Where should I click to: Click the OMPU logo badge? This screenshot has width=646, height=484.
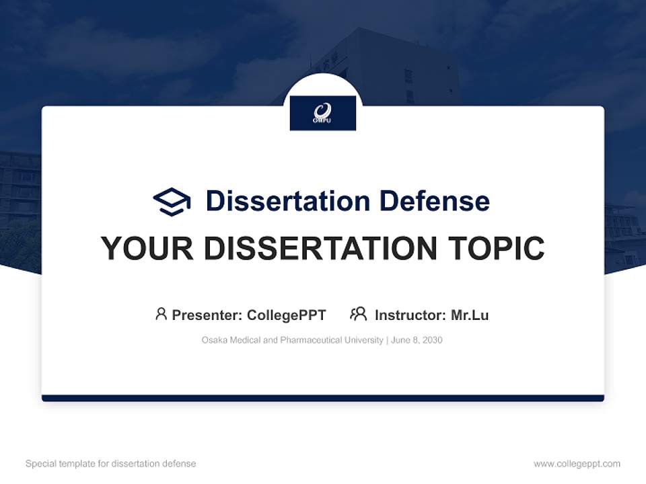pos(322,113)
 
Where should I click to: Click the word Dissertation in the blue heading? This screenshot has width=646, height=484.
pos(287,201)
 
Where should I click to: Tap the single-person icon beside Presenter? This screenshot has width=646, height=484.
pos(161,314)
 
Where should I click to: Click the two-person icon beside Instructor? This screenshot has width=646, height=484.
pos(358,314)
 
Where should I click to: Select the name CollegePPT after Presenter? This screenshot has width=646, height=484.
pos(287,315)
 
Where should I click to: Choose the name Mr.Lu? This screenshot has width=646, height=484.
pos(470,315)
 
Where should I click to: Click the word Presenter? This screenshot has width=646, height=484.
pos(207,315)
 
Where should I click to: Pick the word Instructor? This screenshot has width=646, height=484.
pos(410,315)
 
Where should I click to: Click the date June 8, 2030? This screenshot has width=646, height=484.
pos(416,340)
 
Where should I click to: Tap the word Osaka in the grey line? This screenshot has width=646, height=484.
pos(214,340)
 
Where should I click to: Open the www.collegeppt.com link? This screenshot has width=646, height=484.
pos(577,464)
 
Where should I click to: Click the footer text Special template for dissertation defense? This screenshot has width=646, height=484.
pos(111,464)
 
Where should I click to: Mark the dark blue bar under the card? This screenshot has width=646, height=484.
pos(322,398)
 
